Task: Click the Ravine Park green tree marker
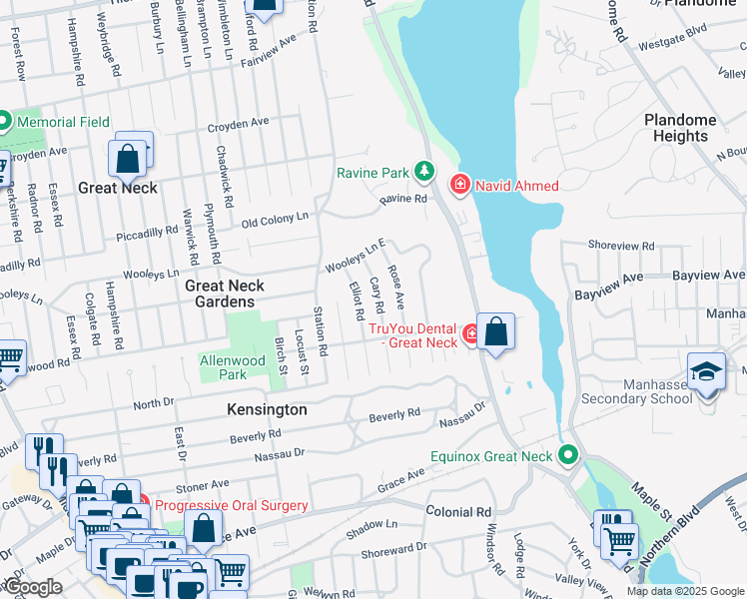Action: [x=425, y=172]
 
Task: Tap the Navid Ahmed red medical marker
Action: [x=459, y=184]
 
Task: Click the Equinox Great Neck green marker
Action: [x=568, y=456]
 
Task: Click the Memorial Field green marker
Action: [x=4, y=122]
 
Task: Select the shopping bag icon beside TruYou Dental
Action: [x=495, y=330]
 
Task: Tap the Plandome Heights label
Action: [x=680, y=128]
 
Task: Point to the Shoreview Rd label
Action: [x=621, y=245]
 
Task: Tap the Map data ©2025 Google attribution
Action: [x=684, y=591]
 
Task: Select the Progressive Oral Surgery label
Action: [x=232, y=505]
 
